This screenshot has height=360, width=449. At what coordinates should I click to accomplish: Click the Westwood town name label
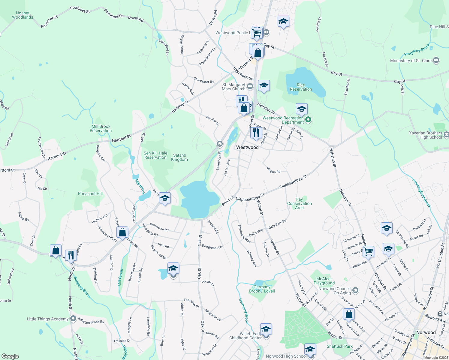(x=247, y=147)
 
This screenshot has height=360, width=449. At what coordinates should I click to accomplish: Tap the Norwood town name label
(x=426, y=332)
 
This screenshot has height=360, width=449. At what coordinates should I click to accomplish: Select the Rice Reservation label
(x=301, y=87)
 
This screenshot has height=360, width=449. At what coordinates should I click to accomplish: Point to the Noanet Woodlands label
(x=23, y=15)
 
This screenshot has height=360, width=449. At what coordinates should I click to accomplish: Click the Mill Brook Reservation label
(x=101, y=129)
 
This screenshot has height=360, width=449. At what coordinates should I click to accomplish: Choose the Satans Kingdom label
(x=179, y=157)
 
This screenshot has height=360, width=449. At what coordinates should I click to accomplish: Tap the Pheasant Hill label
(x=90, y=194)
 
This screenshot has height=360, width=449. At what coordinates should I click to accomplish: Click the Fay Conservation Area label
(x=300, y=203)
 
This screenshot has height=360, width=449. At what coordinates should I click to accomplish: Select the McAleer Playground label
(x=324, y=281)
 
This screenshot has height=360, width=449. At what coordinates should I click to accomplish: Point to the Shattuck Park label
(x=340, y=346)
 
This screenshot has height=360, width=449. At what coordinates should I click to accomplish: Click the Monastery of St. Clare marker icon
(x=436, y=60)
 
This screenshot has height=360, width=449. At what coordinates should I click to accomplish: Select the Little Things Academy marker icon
(x=73, y=319)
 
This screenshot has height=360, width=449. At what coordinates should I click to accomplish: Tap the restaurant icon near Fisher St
(x=256, y=132)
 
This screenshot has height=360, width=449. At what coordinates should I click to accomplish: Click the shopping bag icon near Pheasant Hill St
(x=122, y=232)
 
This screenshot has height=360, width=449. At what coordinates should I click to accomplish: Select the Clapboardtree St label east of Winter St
(x=293, y=182)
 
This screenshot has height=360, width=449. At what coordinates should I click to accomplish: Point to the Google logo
(x=10, y=356)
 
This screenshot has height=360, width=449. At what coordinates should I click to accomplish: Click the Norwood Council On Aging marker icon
(x=355, y=290)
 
